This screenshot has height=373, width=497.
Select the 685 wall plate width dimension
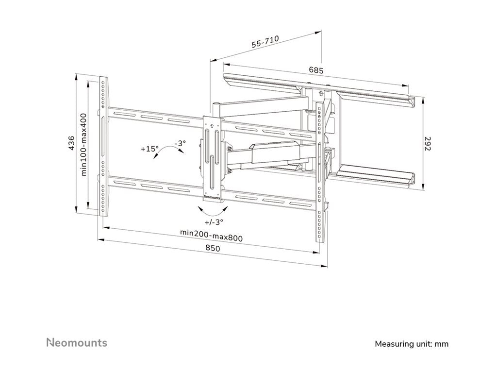pos(316,70)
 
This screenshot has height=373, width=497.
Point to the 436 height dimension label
pos(71,143)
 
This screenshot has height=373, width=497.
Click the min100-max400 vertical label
pos(83,144)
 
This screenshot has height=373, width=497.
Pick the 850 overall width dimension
pos(213,248)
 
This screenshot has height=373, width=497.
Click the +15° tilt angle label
pos(149,149)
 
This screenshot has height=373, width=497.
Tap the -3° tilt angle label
pos(180,144)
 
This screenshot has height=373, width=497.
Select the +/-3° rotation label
pos(214,222)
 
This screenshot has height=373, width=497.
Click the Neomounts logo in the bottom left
pos(77,342)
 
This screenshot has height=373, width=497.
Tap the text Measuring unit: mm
pos(412,344)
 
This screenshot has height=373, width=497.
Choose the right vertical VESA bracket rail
pos(320,172)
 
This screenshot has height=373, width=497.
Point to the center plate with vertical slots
pos(212,155)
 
